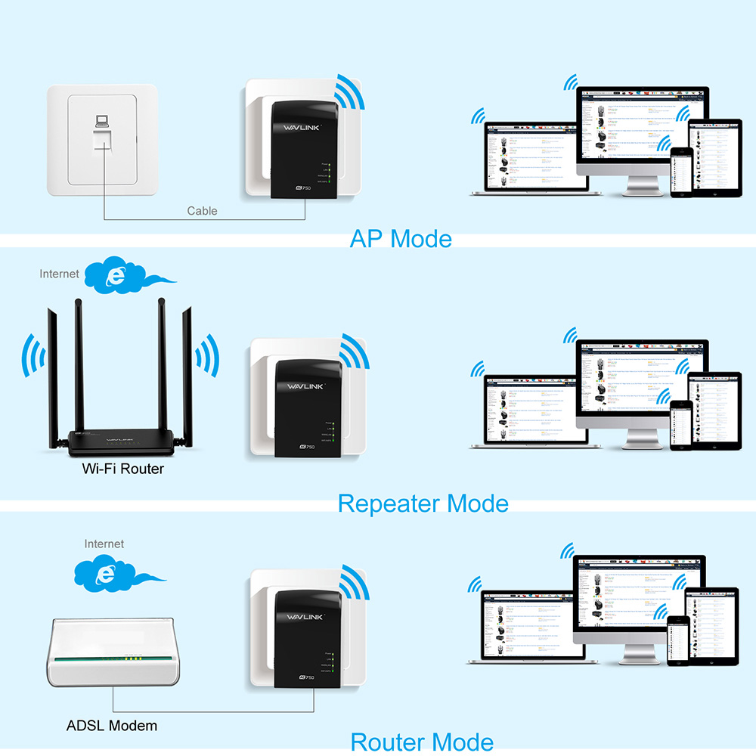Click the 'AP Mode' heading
[401, 238]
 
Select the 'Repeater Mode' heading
[423, 503]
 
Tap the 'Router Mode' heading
[422, 742]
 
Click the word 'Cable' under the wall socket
[202, 211]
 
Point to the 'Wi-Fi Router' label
[123, 469]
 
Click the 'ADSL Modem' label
[112, 726]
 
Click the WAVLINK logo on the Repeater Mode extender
[304, 386]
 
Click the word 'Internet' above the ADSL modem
[104, 544]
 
